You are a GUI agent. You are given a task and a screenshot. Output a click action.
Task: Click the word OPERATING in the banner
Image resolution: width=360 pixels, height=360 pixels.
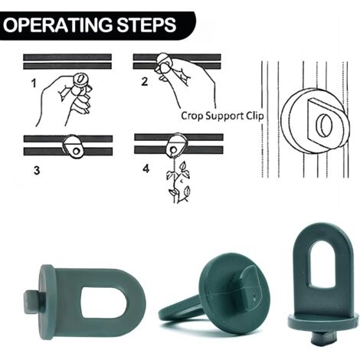[57, 25]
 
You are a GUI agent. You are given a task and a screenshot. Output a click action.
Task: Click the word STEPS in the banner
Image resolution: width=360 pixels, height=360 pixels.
[147, 25]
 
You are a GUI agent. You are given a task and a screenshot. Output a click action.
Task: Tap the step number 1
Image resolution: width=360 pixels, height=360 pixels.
[34, 83]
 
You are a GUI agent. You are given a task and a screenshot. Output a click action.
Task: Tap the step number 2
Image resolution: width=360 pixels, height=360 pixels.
[145, 82]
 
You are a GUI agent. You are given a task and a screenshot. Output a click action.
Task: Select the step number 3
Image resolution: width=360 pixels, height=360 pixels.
[37, 170]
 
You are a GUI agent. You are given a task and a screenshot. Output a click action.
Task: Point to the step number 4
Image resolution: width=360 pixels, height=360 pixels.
[146, 169]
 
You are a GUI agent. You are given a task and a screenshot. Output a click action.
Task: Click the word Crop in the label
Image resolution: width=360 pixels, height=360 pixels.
[192, 116]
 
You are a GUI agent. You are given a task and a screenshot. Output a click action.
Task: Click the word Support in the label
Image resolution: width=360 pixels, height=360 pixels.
[224, 116]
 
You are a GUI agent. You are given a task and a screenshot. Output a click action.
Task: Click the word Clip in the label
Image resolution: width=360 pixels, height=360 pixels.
[255, 116]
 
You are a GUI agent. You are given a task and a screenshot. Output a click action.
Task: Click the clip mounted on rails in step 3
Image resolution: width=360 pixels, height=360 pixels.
[73, 146]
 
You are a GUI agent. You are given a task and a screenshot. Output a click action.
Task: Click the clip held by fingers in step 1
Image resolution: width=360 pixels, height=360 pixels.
[80, 80]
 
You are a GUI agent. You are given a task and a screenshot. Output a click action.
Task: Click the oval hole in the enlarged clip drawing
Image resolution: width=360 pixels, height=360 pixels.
[324, 124]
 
